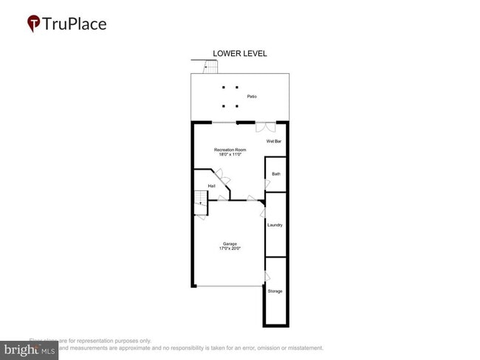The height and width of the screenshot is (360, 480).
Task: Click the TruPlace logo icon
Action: coord(33,24)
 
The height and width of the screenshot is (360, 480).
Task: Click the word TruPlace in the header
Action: coord(75,24)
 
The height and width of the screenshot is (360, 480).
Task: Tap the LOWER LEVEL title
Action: coord(239,53)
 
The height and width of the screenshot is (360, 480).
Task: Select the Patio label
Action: coord(252,96)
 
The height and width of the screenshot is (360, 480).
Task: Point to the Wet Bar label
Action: coord(273,141)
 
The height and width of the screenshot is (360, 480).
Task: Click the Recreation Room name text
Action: coord(230,150)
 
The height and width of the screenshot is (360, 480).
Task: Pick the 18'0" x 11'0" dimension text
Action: coord(230,155)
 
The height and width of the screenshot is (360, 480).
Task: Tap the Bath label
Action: coord(276,174)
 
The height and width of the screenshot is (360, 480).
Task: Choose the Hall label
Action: coord(211,186)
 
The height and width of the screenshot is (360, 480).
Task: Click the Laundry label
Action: coord(275,225)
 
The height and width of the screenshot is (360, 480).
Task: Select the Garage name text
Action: coord(230,243)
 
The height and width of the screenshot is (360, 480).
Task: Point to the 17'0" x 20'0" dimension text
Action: coord(230,249)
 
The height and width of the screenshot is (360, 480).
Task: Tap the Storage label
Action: coord(275,291)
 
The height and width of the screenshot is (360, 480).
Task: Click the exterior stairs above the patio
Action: coord(211,67)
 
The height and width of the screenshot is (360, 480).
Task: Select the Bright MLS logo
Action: coord(30,350)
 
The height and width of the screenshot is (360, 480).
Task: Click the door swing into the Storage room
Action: coord(267,277)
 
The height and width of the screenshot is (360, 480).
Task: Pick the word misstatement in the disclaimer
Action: coord(303,347)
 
